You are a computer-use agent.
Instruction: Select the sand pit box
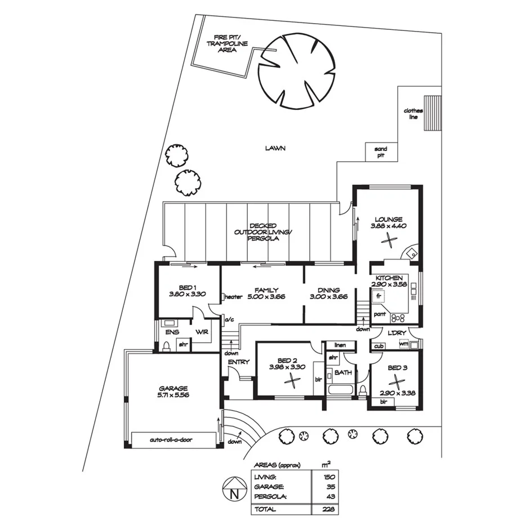pyautogui.click(x=381, y=152)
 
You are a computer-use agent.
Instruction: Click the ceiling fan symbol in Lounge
pyautogui.click(x=388, y=240)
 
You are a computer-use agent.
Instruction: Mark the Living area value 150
pyautogui.click(x=331, y=477)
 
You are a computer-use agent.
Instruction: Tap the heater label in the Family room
pyautogui.click(x=233, y=297)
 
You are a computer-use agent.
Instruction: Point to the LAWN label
pyautogui.click(x=276, y=149)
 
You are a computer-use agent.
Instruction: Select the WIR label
pyautogui.click(x=202, y=332)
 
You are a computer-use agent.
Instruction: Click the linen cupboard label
pyautogui.click(x=339, y=345)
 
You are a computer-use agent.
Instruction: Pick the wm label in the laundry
pyautogui.click(x=403, y=344)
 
